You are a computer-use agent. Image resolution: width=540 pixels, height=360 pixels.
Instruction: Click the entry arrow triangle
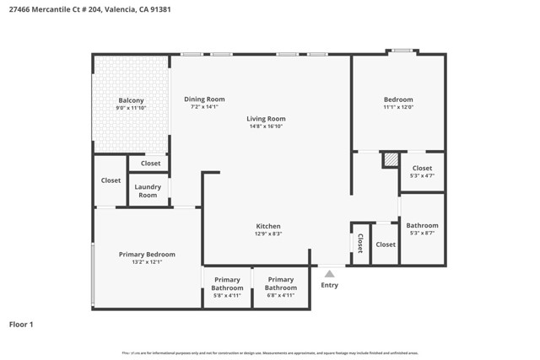(x=330, y=273)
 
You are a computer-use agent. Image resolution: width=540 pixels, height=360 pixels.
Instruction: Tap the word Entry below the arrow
(x=330, y=285)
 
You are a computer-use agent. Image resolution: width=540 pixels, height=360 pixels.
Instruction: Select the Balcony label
(x=131, y=100)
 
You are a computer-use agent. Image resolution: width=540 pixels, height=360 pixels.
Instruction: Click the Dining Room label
(x=204, y=99)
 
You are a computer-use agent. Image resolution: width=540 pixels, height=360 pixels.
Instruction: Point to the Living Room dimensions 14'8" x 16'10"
(x=267, y=127)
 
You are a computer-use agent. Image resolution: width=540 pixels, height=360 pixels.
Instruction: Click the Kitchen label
(x=268, y=226)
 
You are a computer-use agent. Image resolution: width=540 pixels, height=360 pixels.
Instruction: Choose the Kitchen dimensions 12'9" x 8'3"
(x=268, y=234)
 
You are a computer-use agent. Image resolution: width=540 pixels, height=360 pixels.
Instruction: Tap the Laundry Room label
(x=148, y=191)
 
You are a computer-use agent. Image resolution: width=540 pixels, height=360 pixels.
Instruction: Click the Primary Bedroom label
(x=147, y=254)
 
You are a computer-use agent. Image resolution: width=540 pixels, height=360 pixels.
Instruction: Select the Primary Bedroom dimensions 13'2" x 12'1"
(x=147, y=262)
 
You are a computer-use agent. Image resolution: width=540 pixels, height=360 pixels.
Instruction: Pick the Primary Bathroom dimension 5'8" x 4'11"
(x=227, y=296)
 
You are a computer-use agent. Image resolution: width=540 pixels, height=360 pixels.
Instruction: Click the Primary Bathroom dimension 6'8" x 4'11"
(x=281, y=296)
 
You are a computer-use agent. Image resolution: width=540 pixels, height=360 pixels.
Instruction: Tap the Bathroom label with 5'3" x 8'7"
(x=422, y=225)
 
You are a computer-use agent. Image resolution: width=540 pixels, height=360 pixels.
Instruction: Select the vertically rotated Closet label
(x=360, y=244)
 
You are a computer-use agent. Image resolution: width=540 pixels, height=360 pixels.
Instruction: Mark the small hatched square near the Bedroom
(x=390, y=159)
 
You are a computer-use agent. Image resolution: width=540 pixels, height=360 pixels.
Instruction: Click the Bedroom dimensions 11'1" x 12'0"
(x=398, y=108)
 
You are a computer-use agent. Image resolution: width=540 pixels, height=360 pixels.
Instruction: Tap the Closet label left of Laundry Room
(x=111, y=180)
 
